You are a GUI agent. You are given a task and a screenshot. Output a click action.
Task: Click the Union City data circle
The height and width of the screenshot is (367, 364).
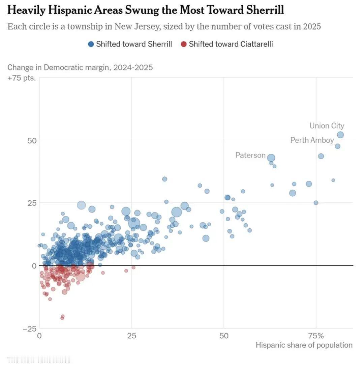click(340, 135)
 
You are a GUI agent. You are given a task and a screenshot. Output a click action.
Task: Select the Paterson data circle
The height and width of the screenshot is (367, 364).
click(271, 158)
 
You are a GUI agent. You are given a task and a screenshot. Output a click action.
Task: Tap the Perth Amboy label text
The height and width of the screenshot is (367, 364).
click(312, 140)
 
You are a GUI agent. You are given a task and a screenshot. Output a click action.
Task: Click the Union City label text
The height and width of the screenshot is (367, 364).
click(327, 126)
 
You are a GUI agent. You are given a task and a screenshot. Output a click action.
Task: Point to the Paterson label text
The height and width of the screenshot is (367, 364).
click(250, 155)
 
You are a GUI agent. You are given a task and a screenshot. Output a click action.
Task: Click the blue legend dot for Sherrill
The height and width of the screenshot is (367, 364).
click(91, 44)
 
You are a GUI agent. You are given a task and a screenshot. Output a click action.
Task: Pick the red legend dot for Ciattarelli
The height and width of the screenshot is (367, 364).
click(184, 44)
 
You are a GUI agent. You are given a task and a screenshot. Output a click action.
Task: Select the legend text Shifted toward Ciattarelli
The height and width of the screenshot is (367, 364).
click(231, 44)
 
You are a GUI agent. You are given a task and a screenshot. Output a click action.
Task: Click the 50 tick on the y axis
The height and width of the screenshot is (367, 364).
click(32, 140)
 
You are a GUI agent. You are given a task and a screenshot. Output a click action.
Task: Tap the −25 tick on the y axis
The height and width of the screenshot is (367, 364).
click(30, 329)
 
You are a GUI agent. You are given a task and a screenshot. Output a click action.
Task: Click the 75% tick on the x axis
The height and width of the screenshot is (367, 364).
click(316, 336)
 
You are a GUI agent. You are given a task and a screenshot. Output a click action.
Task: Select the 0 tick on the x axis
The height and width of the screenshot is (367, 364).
click(39, 336)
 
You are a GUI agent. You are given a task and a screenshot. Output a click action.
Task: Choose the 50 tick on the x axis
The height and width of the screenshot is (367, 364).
click(224, 336)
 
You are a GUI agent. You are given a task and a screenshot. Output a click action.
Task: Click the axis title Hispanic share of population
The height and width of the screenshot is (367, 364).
click(304, 345)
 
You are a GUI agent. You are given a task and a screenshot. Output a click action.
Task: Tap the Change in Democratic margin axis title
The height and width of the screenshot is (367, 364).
click(80, 67)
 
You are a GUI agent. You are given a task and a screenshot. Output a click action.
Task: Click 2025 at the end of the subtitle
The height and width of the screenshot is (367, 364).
click(312, 26)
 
